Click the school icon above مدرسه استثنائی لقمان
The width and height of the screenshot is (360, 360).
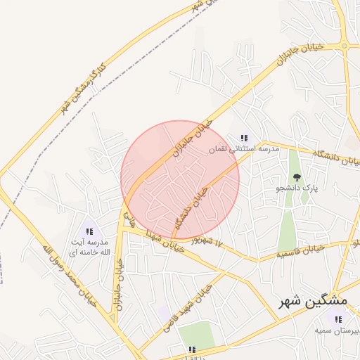[x=244, y=138]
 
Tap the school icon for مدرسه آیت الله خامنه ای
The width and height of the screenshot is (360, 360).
[x=89, y=231]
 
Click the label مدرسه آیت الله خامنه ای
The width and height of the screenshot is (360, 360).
[x=89, y=246]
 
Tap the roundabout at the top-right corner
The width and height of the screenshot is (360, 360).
[x=345, y=46]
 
